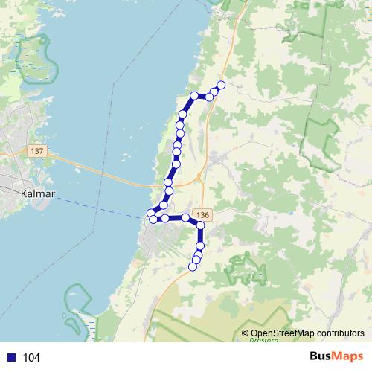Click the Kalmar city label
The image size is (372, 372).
point(36,193)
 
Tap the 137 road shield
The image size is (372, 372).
point(38,151)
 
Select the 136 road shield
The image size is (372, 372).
point(205,214)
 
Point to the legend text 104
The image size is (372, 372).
point(31,358)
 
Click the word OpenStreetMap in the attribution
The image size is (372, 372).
point(283,333)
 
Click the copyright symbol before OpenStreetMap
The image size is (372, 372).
point(246,333)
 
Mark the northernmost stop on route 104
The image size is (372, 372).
point(220,85)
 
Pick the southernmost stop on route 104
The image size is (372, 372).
point(193,266)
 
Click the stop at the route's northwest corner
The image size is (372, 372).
point(194,95)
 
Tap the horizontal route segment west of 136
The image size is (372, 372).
point(175,218)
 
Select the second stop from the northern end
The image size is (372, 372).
point(214,91)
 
